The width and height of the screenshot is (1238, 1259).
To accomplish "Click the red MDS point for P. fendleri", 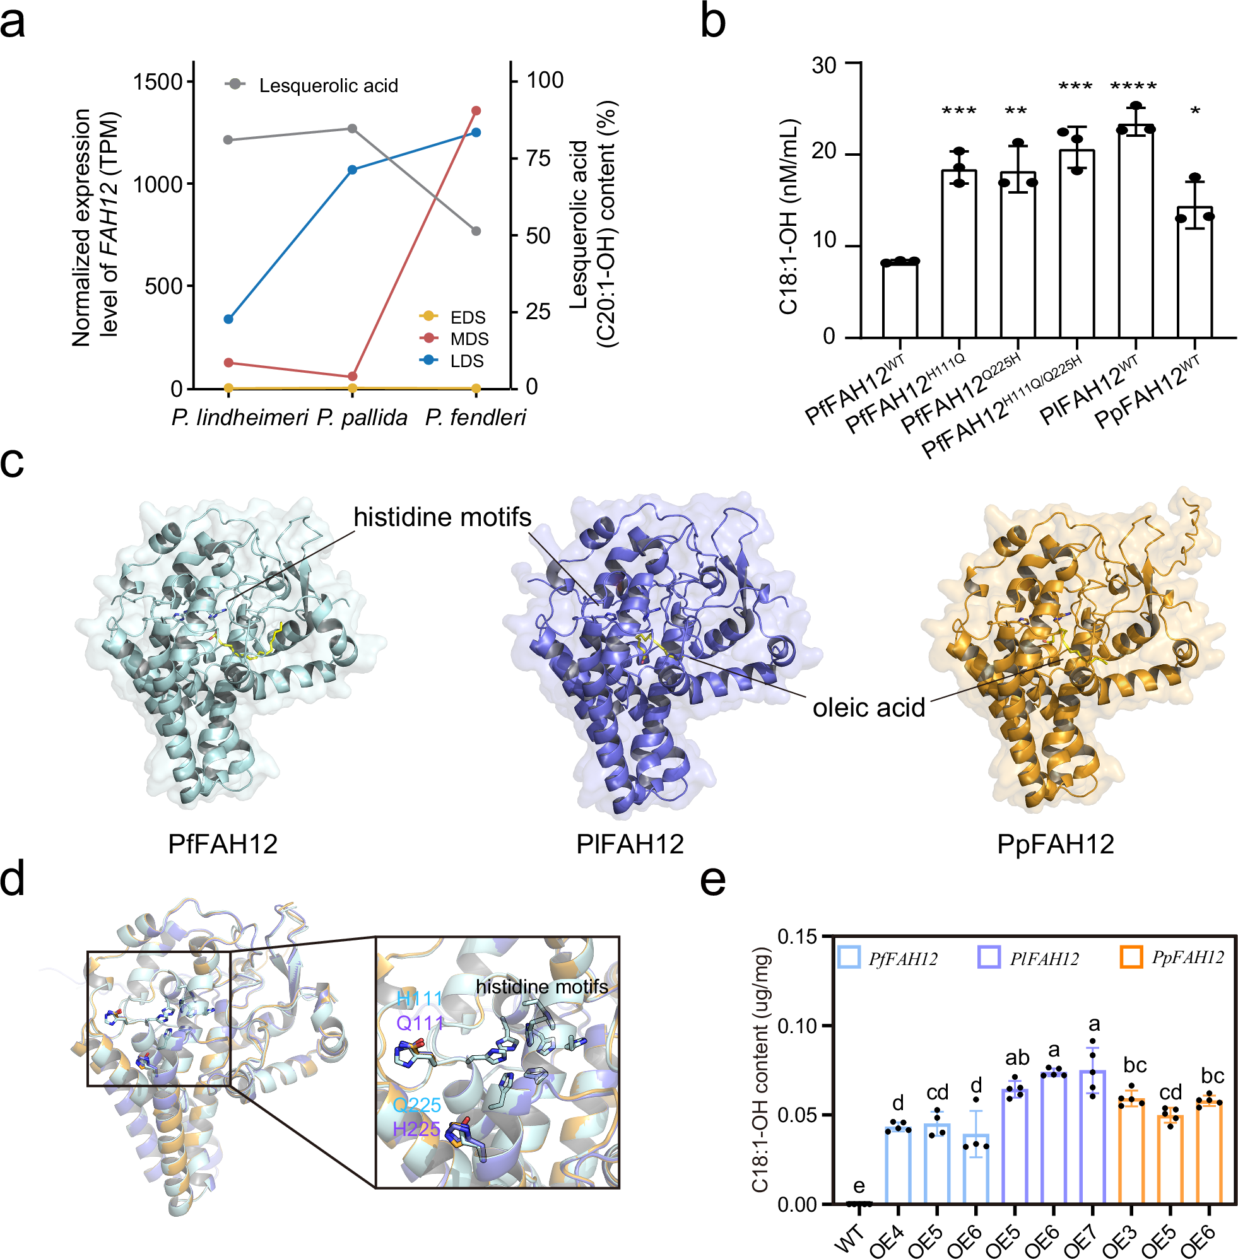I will coord(476,110).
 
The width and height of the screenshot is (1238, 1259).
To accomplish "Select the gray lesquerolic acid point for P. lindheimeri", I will coord(228,140).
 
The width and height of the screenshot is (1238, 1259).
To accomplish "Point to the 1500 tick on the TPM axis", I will coord(158,82).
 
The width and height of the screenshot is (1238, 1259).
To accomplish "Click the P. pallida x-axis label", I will coord(362,418).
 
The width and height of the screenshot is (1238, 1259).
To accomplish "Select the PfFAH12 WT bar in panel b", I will coord(900,299).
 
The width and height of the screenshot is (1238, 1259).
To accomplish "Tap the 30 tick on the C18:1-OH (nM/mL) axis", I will coord(824,65).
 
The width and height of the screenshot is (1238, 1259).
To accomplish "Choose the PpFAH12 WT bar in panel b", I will coord(1194,273).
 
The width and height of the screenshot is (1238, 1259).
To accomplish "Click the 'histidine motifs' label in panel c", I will coord(442,517).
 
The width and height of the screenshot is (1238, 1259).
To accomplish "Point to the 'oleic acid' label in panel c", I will coord(869,707).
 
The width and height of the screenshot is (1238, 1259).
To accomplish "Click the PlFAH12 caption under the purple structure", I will coord(630,845).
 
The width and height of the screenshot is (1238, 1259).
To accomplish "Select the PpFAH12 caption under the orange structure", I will coord(1055,845).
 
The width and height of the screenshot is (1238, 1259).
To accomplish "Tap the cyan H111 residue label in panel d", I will coord(420,998).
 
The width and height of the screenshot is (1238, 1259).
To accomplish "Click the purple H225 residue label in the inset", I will coord(417,1129).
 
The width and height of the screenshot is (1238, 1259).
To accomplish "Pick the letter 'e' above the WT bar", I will coord(859,1186).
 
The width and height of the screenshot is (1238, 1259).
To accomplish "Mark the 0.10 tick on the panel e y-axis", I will coord(797,1026).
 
